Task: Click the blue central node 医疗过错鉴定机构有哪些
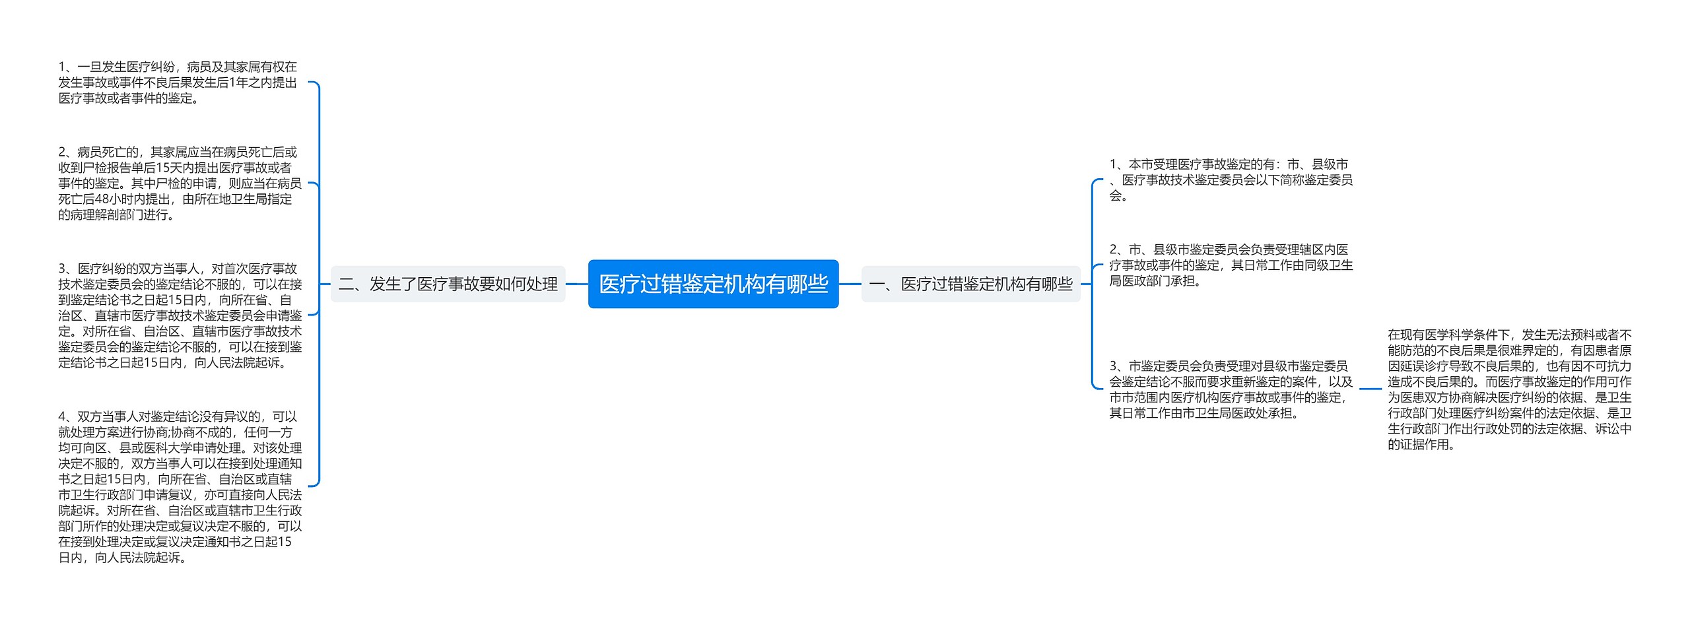pyautogui.click(x=713, y=284)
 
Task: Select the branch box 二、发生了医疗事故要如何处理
pyautogui.click(x=448, y=284)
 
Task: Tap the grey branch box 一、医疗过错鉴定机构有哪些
pyautogui.click(x=970, y=284)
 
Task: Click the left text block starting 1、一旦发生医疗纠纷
pyautogui.click(x=178, y=82)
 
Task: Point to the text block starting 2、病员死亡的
pyautogui.click(x=180, y=183)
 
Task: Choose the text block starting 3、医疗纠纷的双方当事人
pyautogui.click(x=180, y=315)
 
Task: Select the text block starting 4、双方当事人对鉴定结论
pyautogui.click(x=180, y=487)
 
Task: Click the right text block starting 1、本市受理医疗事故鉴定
pyautogui.click(x=1231, y=180)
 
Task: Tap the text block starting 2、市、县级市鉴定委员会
pyautogui.click(x=1231, y=265)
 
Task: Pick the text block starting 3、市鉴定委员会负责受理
pyautogui.click(x=1231, y=389)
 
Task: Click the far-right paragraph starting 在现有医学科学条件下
pyautogui.click(x=1509, y=389)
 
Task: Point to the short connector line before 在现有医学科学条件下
pyautogui.click(x=1370, y=389)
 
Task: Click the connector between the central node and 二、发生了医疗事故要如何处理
pyautogui.click(x=577, y=284)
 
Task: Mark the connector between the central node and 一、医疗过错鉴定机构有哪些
pyautogui.click(x=850, y=284)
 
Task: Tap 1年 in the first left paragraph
pyautogui.click(x=240, y=82)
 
